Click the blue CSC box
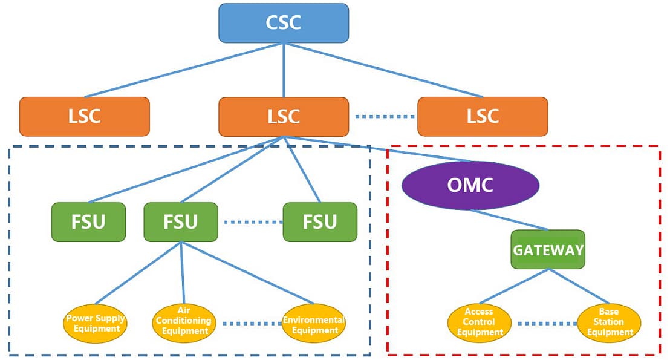[283, 23]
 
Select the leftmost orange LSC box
[84, 116]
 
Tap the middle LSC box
[283, 116]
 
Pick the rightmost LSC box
[483, 116]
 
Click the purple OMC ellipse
[470, 185]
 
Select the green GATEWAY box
[548, 249]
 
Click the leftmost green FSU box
[88, 221]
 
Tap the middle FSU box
[181, 221]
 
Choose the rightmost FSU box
[320, 221]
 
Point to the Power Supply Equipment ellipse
[96, 323]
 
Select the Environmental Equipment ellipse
[314, 324]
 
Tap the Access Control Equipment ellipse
[480, 322]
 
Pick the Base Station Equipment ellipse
[610, 322]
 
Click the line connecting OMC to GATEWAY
[509, 220]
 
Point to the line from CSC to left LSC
[181, 70]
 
